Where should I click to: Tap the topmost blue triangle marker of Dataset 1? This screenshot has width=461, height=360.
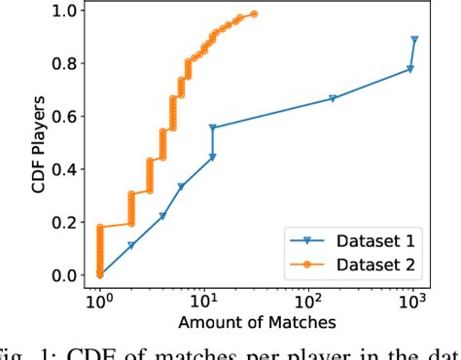click(x=415, y=40)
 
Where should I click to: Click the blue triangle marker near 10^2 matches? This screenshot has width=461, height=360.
click(x=333, y=98)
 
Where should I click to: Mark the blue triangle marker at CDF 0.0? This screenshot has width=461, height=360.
click(x=99, y=275)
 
